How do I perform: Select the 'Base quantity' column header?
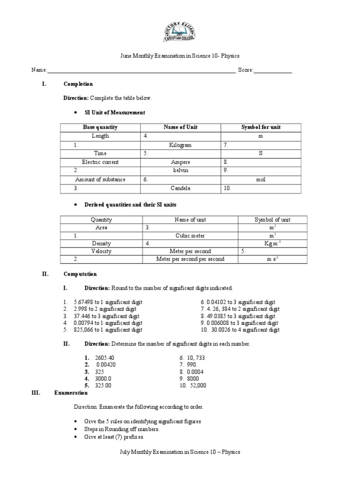click(100, 127)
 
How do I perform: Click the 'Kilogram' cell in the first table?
click(180, 145)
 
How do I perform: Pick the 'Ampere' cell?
click(180, 162)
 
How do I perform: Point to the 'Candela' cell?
click(180, 188)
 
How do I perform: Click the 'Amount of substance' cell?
click(100, 180)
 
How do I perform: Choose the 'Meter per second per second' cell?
click(190, 259)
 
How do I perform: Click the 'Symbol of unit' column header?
click(272, 220)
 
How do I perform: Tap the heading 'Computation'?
click(80, 274)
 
